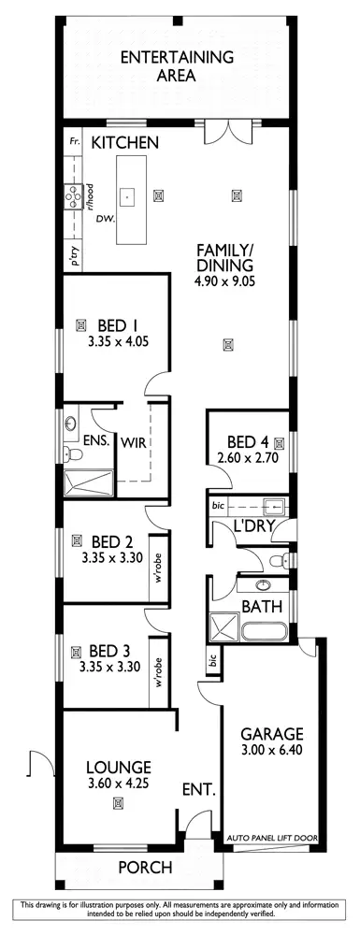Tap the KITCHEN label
point(124,142)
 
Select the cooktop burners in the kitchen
point(71,196)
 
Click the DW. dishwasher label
point(104,218)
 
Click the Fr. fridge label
point(74,141)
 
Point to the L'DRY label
point(252,525)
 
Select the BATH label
point(257,606)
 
